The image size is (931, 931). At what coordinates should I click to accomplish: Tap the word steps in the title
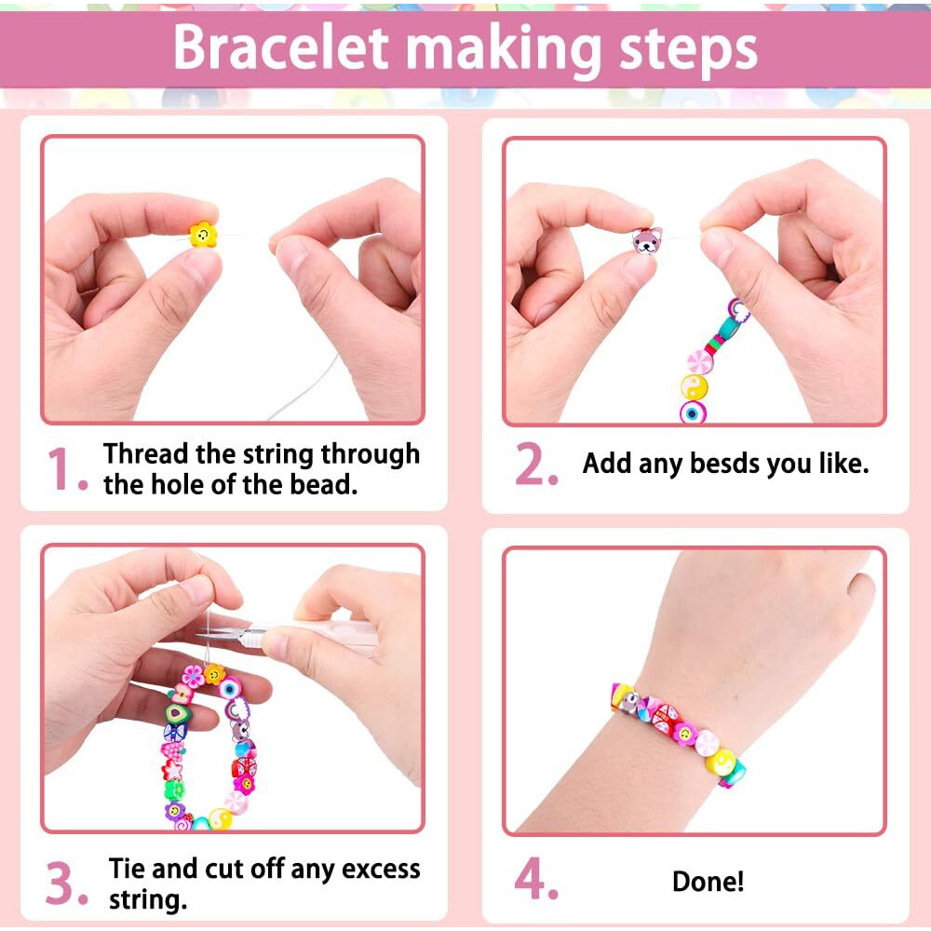point(688,51)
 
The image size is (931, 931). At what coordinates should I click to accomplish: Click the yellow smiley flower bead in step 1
point(203,236)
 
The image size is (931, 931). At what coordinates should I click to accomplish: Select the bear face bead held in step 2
point(647,240)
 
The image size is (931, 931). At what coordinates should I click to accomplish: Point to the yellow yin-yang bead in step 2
point(695,387)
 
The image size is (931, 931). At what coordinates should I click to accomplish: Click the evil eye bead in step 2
point(693,412)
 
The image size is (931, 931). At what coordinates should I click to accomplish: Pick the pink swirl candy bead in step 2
point(699,361)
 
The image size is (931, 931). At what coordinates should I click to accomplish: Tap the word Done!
point(708,881)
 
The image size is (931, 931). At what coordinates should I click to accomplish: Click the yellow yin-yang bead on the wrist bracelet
point(722,762)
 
